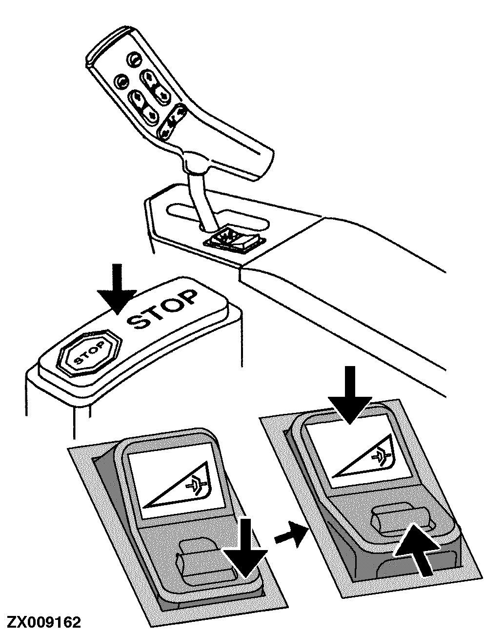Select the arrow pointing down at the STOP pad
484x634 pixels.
coord(117,289)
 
